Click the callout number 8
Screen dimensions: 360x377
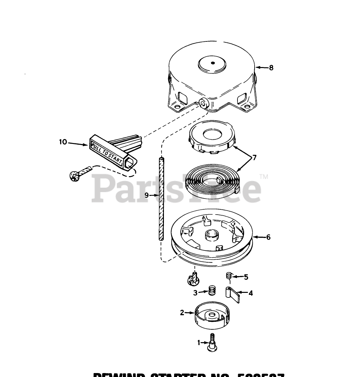point(271,68)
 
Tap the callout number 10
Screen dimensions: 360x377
point(63,142)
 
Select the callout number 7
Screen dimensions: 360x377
point(254,158)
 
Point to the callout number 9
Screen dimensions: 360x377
point(147,195)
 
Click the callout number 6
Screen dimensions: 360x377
point(268,237)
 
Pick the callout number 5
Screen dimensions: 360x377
point(246,277)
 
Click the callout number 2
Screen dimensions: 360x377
point(182,313)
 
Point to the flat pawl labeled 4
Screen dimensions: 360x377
point(233,293)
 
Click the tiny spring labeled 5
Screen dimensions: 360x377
point(229,276)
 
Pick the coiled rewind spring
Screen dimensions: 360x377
point(213,179)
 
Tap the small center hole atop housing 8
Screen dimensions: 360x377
point(213,63)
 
